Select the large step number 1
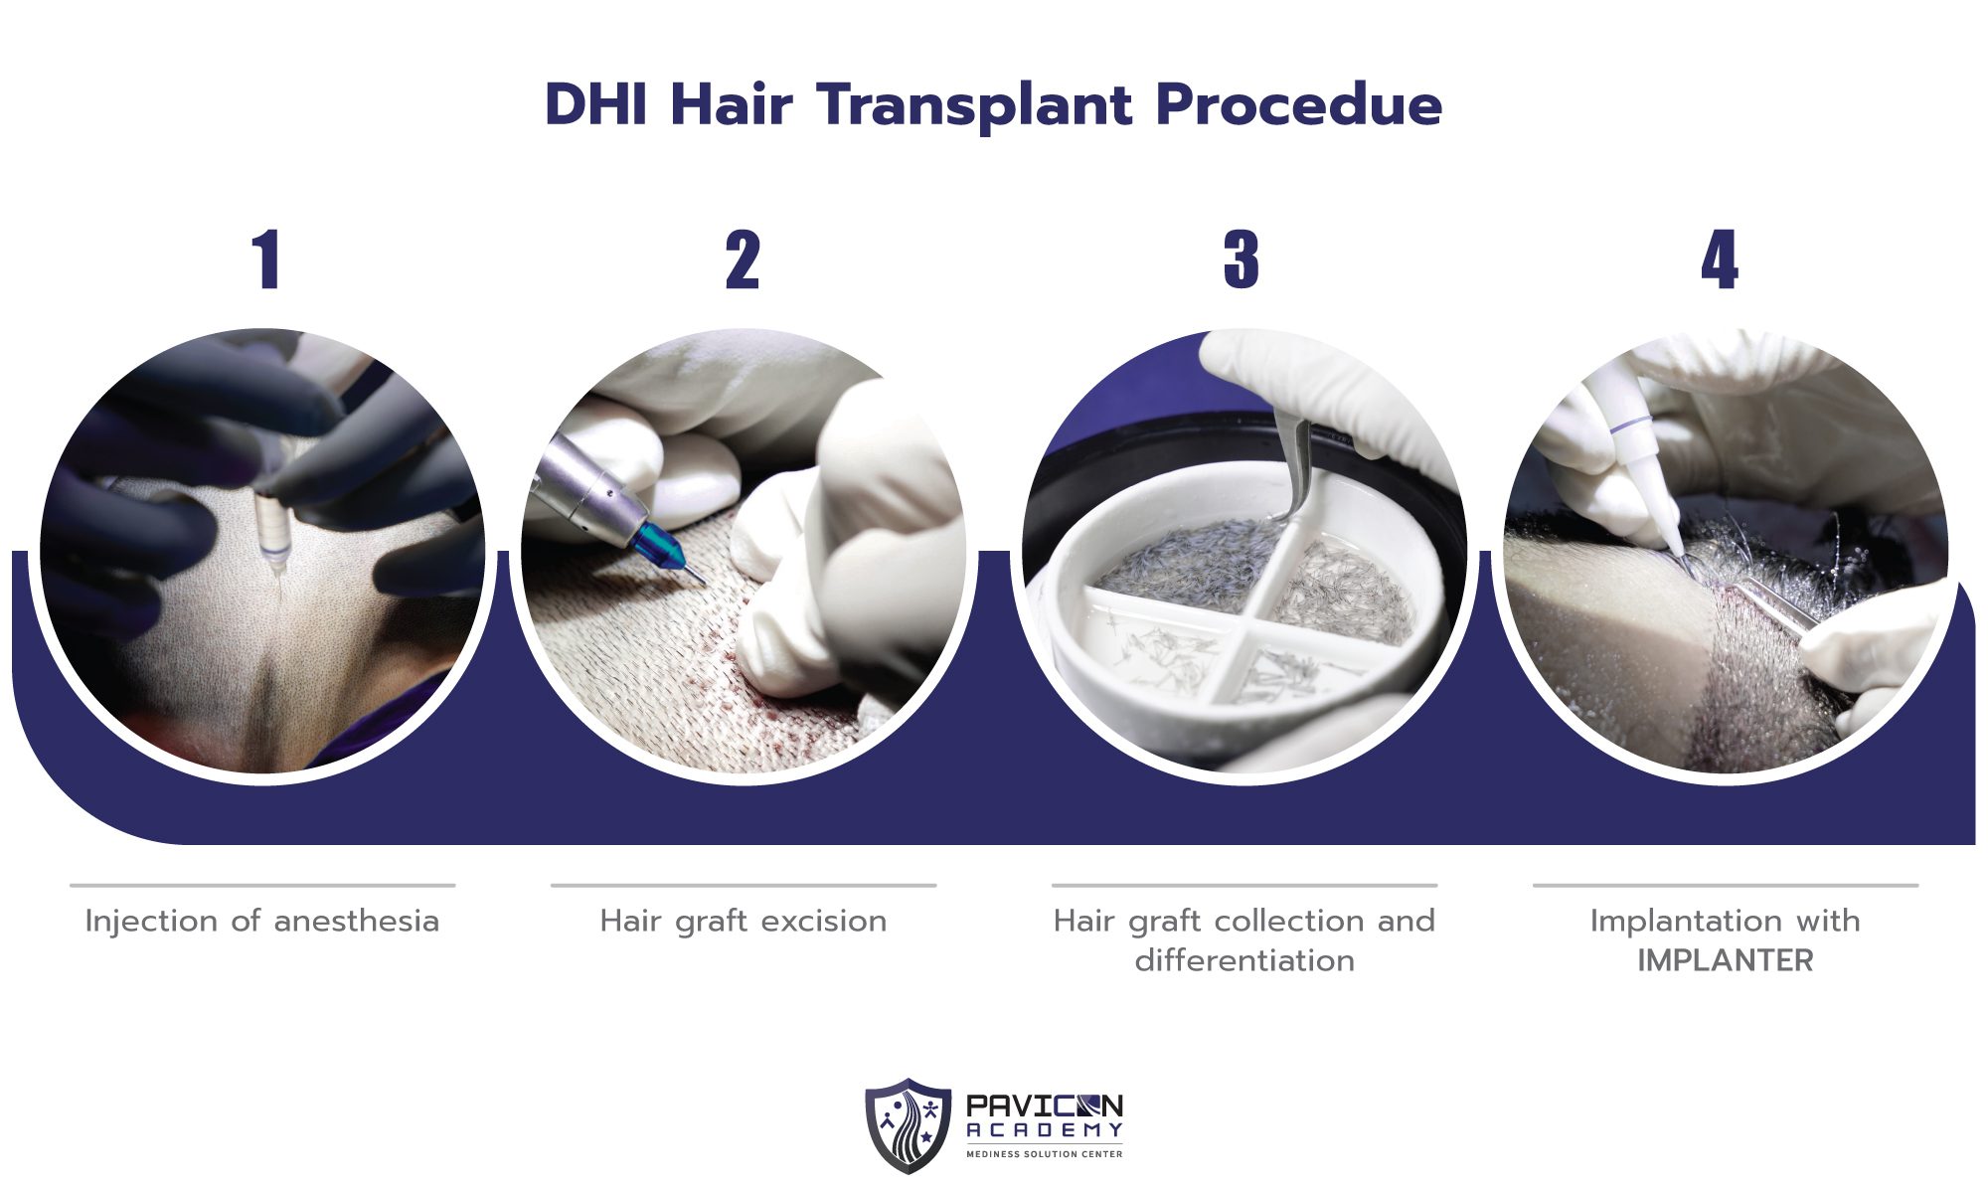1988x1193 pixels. [x=266, y=260]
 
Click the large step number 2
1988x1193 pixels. [x=743, y=260]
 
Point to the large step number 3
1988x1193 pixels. [x=1242, y=260]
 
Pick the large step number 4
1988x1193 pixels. [x=1720, y=260]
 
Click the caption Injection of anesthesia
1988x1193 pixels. [x=262, y=922]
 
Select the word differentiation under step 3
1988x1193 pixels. [x=1244, y=961]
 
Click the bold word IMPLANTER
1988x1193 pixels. [x=1726, y=961]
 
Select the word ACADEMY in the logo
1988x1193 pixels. [x=1044, y=1130]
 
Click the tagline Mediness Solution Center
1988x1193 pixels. [x=1044, y=1154]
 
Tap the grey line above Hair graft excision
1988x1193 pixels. [x=744, y=885]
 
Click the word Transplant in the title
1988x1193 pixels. [x=976, y=105]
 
